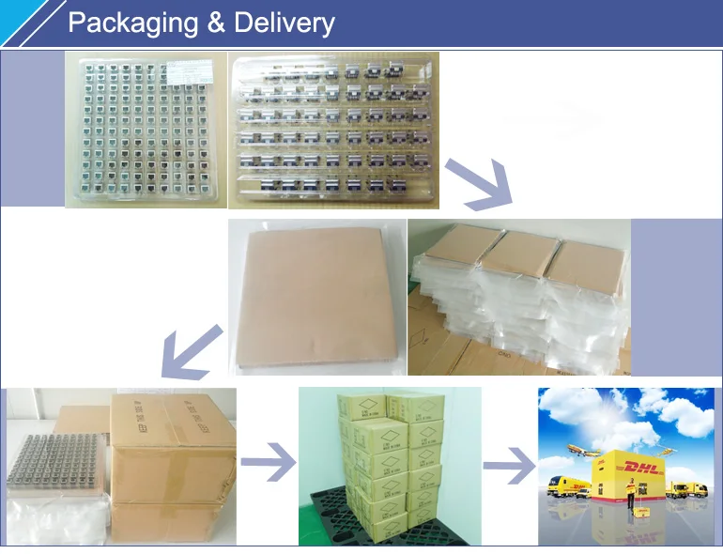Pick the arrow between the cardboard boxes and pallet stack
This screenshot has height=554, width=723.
click(267, 463)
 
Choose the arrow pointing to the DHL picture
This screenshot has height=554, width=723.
click(508, 464)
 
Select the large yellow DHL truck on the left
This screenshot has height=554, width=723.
click(569, 488)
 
